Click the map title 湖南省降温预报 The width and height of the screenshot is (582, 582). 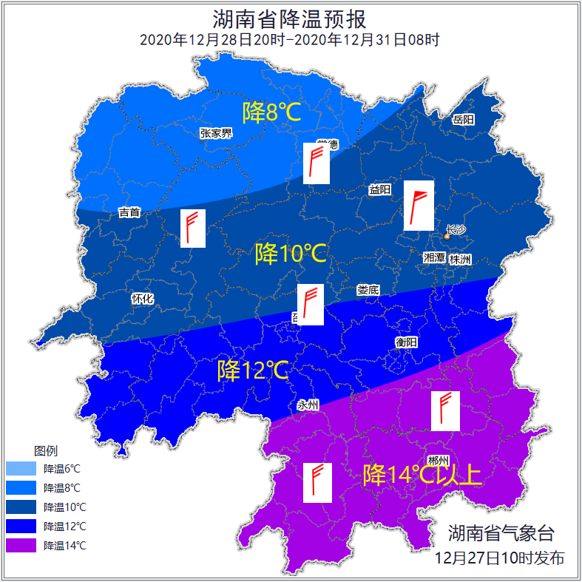(x=290, y=18)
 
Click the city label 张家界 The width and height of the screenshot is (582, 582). (x=216, y=133)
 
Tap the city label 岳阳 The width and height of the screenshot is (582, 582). (x=464, y=120)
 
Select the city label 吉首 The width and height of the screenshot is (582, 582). (x=129, y=213)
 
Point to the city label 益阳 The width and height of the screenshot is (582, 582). (x=379, y=189)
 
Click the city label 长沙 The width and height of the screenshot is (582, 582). (x=456, y=229)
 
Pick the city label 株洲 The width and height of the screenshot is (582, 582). (x=460, y=259)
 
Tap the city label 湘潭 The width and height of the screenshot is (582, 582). (x=434, y=258)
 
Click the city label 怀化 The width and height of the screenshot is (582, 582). (x=142, y=299)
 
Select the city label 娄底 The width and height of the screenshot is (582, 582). (x=368, y=290)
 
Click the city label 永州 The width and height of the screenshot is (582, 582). (x=308, y=405)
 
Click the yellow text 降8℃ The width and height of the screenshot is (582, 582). (x=271, y=112)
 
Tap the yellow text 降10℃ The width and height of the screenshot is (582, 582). (x=290, y=254)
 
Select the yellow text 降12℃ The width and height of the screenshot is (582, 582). (x=252, y=370)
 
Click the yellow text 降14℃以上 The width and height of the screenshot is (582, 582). (x=422, y=475)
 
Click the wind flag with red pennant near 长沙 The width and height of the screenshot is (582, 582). (x=419, y=206)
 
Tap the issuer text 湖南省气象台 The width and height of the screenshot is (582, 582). (x=501, y=533)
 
